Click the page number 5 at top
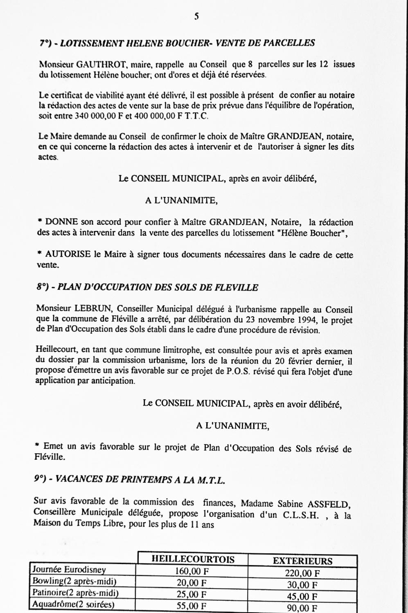pyautogui.click(x=197, y=17)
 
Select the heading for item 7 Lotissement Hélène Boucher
pyautogui.click(x=177, y=43)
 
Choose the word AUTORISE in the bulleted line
pyautogui.click(x=68, y=254)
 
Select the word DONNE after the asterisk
pyautogui.click(x=61, y=222)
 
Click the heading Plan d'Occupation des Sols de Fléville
pyautogui.click(x=147, y=287)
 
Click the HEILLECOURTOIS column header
pyautogui.click(x=193, y=559)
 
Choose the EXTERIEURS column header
pyautogui.click(x=302, y=561)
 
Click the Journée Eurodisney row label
pyautogui.click(x=69, y=569)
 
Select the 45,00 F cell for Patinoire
pyautogui.click(x=302, y=596)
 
